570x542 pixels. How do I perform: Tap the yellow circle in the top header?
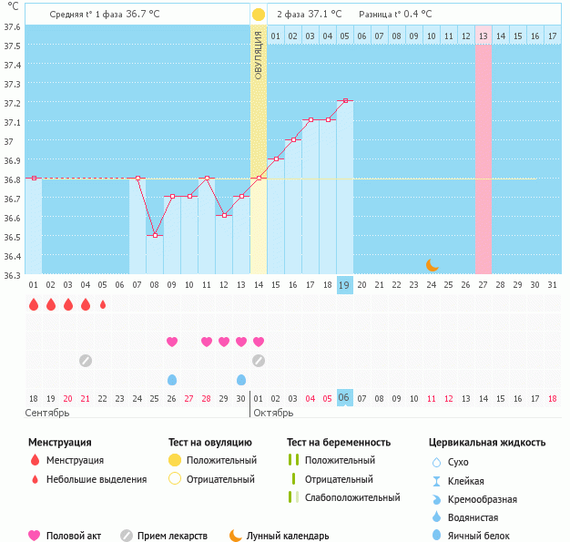[x=259, y=15]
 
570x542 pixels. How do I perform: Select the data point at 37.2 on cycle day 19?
[x=345, y=100]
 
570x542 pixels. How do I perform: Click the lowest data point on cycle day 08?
[x=155, y=235]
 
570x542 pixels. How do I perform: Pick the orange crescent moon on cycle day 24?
[x=433, y=265]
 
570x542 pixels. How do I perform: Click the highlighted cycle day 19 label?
[x=345, y=284]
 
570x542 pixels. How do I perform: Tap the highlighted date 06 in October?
[x=345, y=398]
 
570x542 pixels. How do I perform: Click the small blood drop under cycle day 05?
[x=103, y=304]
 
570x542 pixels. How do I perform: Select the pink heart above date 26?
[x=172, y=342]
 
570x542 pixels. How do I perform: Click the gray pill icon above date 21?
[x=86, y=360]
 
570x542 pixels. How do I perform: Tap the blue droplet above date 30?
[x=241, y=379]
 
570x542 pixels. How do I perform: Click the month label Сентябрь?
[x=47, y=413]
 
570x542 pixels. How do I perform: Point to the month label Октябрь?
[x=272, y=413]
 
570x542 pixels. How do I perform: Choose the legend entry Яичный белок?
[x=484, y=536]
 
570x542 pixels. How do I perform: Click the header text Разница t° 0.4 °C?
[x=395, y=15]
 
